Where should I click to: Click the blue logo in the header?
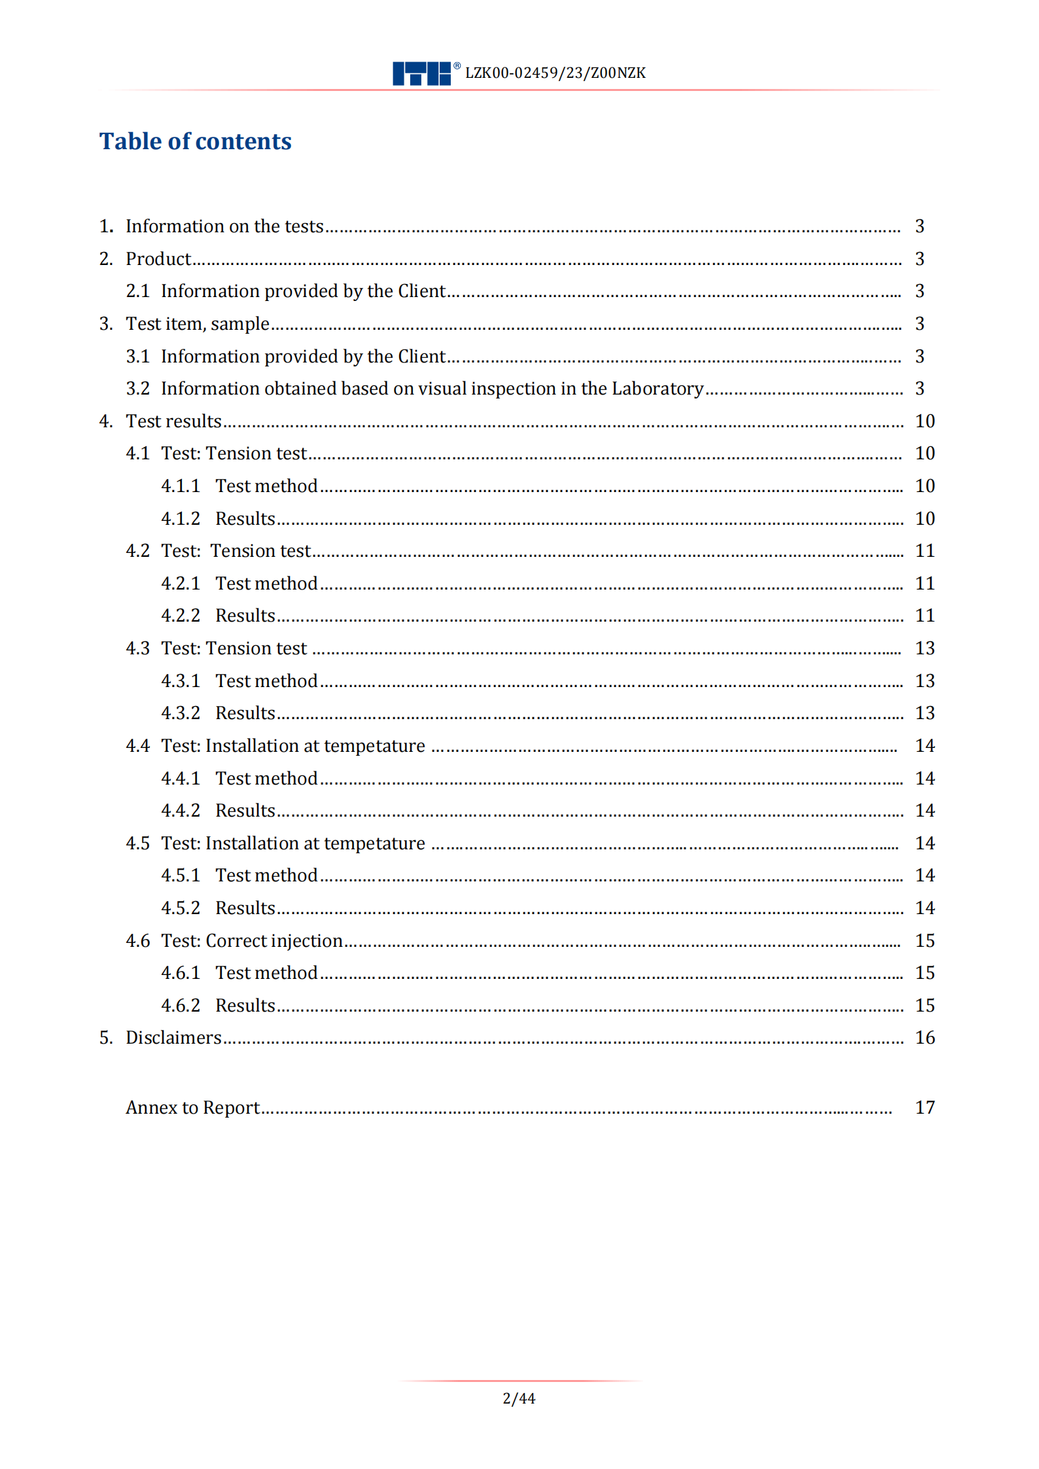421,73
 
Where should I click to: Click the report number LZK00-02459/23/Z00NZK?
555,73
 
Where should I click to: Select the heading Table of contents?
195,141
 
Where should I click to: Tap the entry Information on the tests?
224,226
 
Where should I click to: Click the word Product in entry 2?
158,259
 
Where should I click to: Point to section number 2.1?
137,291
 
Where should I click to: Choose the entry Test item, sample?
198,324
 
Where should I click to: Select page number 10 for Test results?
924,421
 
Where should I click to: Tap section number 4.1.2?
181,519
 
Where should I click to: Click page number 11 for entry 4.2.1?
924,584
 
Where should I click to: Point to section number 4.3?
137,648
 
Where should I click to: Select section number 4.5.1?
181,876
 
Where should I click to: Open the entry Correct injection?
274,941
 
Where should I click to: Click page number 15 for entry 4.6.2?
924,1006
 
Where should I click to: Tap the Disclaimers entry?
173,1038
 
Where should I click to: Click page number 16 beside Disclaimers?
924,1038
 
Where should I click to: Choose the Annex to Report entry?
193,1108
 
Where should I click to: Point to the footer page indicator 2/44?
519,1399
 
